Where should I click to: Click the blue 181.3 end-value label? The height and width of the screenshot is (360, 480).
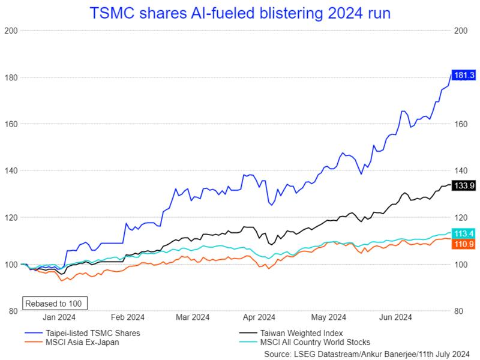(464, 74)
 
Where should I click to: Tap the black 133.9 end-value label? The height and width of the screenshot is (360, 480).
(464, 186)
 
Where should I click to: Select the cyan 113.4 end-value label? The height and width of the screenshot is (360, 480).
(464, 233)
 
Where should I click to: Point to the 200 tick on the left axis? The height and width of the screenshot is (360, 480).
(10, 30)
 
